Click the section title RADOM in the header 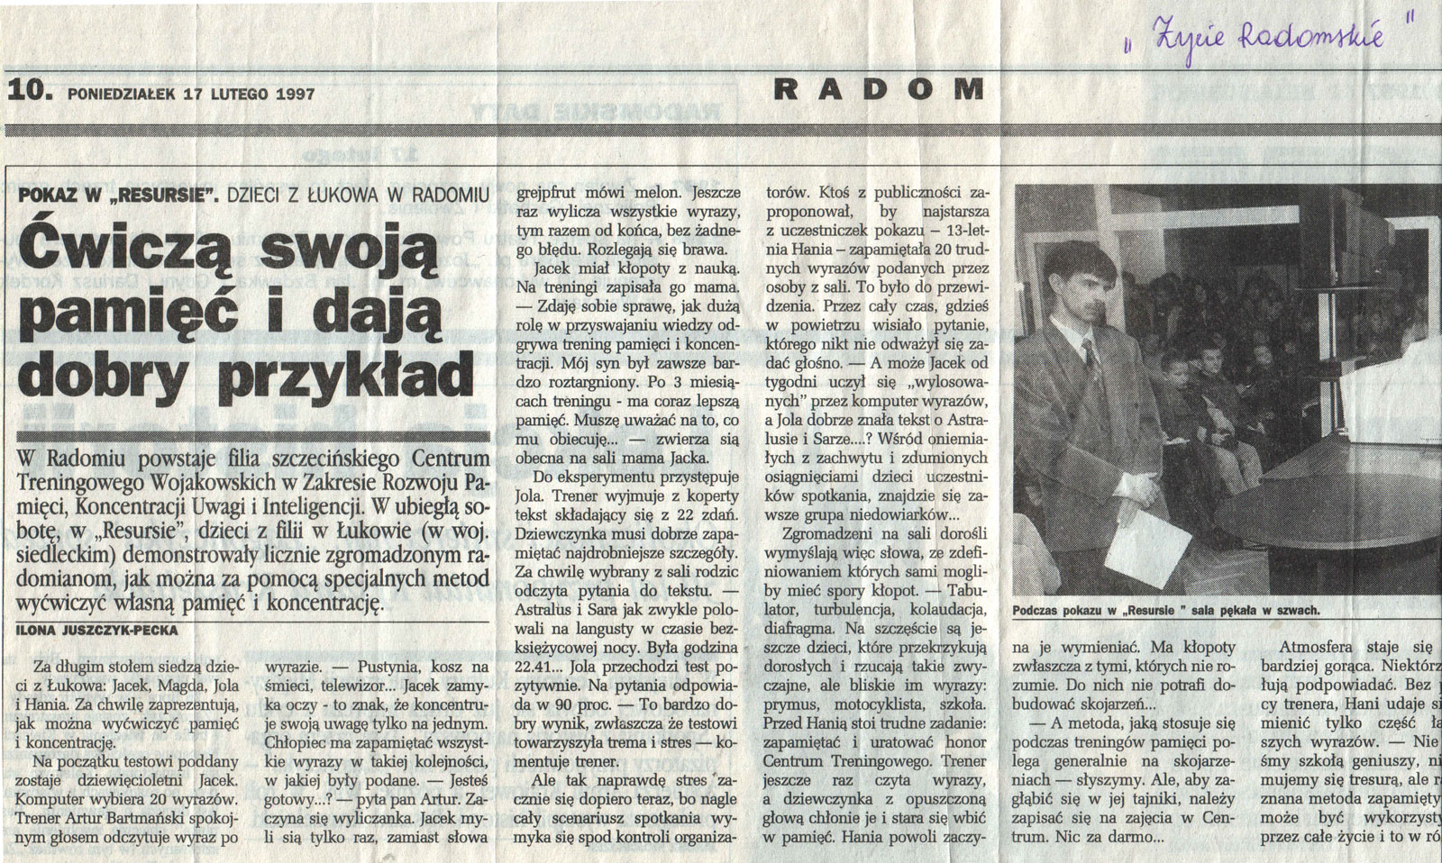pyautogui.click(x=880, y=88)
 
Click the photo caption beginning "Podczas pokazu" pyautogui.click(x=1166, y=610)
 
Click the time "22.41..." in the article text pyautogui.click(x=539, y=668)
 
